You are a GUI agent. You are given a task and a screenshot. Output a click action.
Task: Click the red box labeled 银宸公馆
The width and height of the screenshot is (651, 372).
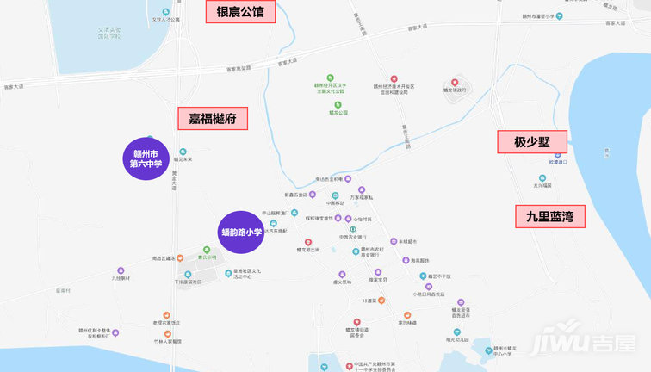pyautogui.click(x=240, y=11)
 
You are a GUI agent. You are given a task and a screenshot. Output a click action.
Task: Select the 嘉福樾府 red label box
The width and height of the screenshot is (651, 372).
pyautogui.click(x=213, y=118)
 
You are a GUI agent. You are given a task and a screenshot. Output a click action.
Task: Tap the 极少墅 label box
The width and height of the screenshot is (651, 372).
pyautogui.click(x=532, y=142)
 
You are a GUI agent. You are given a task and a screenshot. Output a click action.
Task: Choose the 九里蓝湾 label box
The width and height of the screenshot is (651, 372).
pyautogui.click(x=549, y=217)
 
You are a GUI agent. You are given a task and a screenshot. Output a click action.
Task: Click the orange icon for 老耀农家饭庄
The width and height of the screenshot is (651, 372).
pyautogui.click(x=167, y=314)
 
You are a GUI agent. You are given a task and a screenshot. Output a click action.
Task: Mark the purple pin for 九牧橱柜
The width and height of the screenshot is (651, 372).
pyautogui.click(x=120, y=270)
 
